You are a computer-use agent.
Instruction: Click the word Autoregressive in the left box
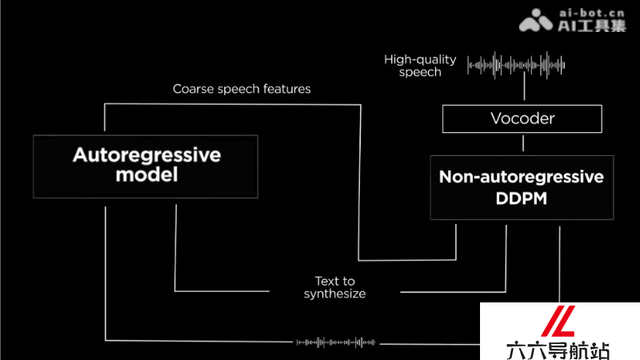click(x=147, y=155)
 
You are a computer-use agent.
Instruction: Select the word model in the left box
click(x=146, y=174)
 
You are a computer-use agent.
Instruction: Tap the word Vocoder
click(x=522, y=118)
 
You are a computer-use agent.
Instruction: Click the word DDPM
click(x=522, y=198)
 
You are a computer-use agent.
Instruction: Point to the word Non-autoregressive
click(x=522, y=177)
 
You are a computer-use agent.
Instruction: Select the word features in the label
click(x=287, y=89)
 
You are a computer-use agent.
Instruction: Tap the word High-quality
click(x=420, y=59)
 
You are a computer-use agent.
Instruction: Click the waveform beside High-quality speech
click(x=516, y=65)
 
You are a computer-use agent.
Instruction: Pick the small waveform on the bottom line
click(x=335, y=342)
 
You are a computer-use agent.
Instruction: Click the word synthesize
click(x=334, y=294)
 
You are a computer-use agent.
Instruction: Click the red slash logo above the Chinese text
click(x=558, y=321)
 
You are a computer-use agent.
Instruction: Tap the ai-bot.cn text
click(x=592, y=14)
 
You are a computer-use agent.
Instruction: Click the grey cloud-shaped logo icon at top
click(x=536, y=21)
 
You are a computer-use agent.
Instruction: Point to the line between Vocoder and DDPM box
click(x=523, y=143)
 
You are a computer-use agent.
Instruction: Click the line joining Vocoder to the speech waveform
click(x=525, y=86)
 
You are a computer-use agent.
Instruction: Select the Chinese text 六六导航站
click(x=558, y=350)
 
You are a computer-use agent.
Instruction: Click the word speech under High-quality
click(x=420, y=72)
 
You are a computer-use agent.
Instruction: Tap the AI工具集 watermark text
click(x=592, y=26)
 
